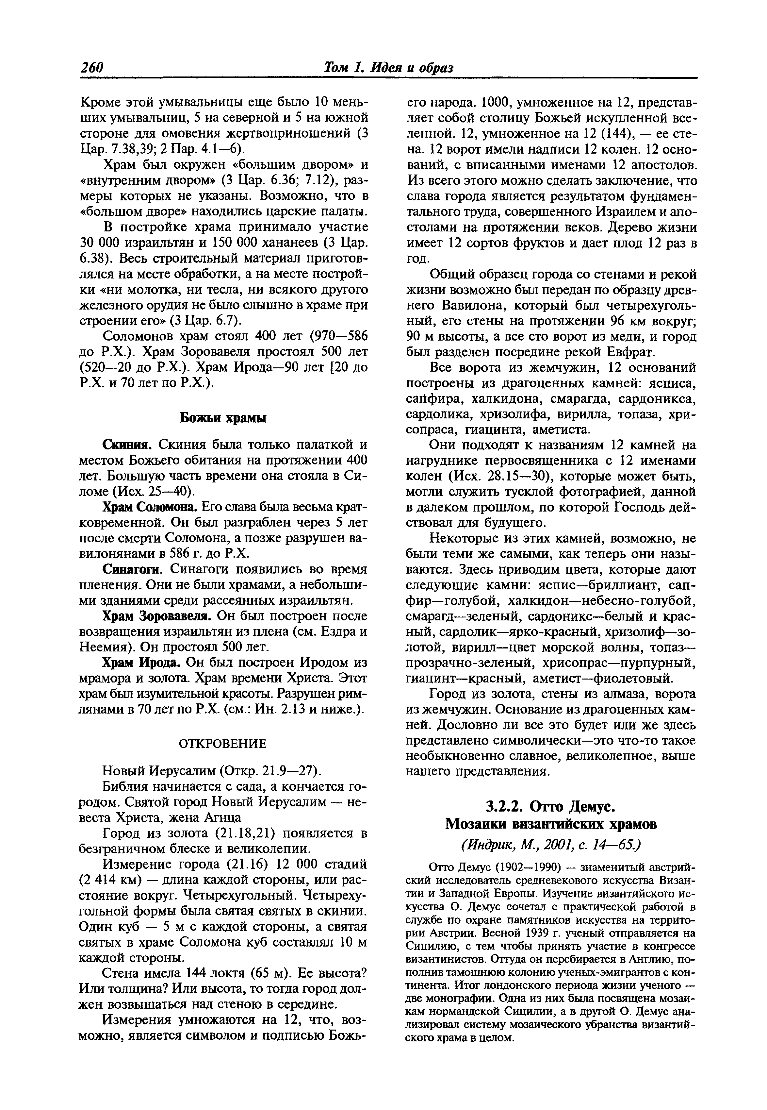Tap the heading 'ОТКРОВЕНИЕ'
tap(222, 744)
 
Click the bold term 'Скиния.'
tap(129, 444)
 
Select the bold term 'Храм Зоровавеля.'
tap(158, 616)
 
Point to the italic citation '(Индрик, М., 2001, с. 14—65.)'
tap(551, 845)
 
